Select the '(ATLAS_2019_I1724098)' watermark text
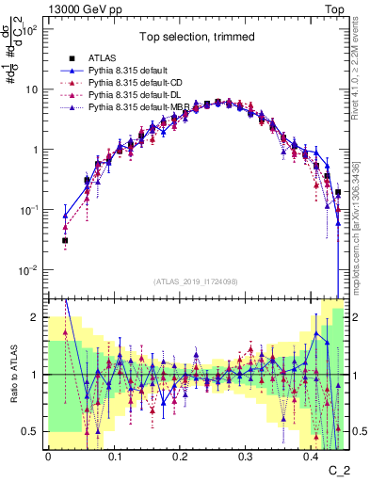pos(195,282)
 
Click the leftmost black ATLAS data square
pos(65,241)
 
